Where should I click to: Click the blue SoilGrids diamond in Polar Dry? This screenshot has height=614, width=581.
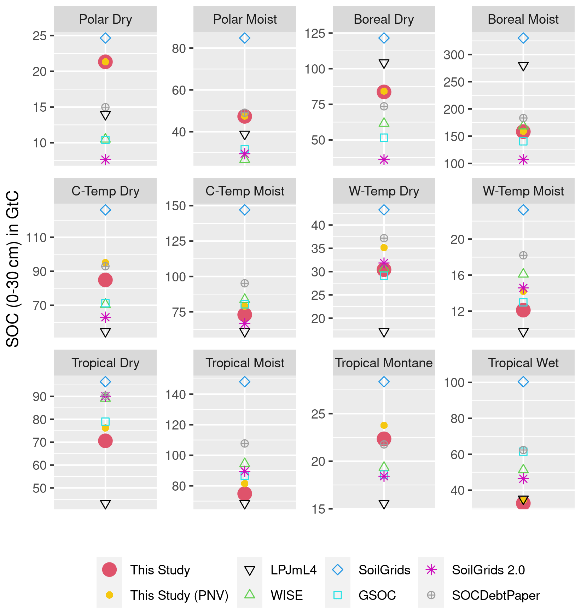pyautogui.click(x=105, y=38)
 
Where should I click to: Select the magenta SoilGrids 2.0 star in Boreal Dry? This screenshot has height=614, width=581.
pyautogui.click(x=384, y=160)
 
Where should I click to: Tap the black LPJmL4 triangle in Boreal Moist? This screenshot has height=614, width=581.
pyautogui.click(x=523, y=66)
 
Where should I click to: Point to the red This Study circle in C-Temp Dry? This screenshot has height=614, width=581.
pyautogui.click(x=105, y=280)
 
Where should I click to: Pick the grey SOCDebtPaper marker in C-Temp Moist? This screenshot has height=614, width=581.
pyautogui.click(x=245, y=283)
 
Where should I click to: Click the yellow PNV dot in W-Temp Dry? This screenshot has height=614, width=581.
pyautogui.click(x=384, y=248)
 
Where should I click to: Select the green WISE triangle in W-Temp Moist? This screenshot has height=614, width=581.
pyautogui.click(x=523, y=273)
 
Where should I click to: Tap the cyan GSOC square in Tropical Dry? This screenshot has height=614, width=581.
pyautogui.click(x=105, y=421)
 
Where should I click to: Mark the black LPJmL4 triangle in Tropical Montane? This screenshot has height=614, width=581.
pyautogui.click(x=384, y=504)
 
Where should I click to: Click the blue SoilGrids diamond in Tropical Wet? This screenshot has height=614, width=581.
pyautogui.click(x=523, y=382)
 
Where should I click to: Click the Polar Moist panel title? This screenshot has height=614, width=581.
pyautogui.click(x=245, y=19)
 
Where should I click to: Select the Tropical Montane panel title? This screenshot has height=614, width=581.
pyautogui.click(x=384, y=363)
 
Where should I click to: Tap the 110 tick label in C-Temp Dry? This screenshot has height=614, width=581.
pyautogui.click(x=36, y=238)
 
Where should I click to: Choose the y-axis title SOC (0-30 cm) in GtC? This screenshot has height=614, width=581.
pyautogui.click(x=13, y=269)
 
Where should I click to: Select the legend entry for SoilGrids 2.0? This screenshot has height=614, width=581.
pyautogui.click(x=488, y=570)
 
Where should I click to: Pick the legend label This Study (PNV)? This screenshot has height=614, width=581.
pyautogui.click(x=179, y=596)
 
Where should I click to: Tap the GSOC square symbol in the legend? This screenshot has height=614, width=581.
pyautogui.click(x=338, y=595)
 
